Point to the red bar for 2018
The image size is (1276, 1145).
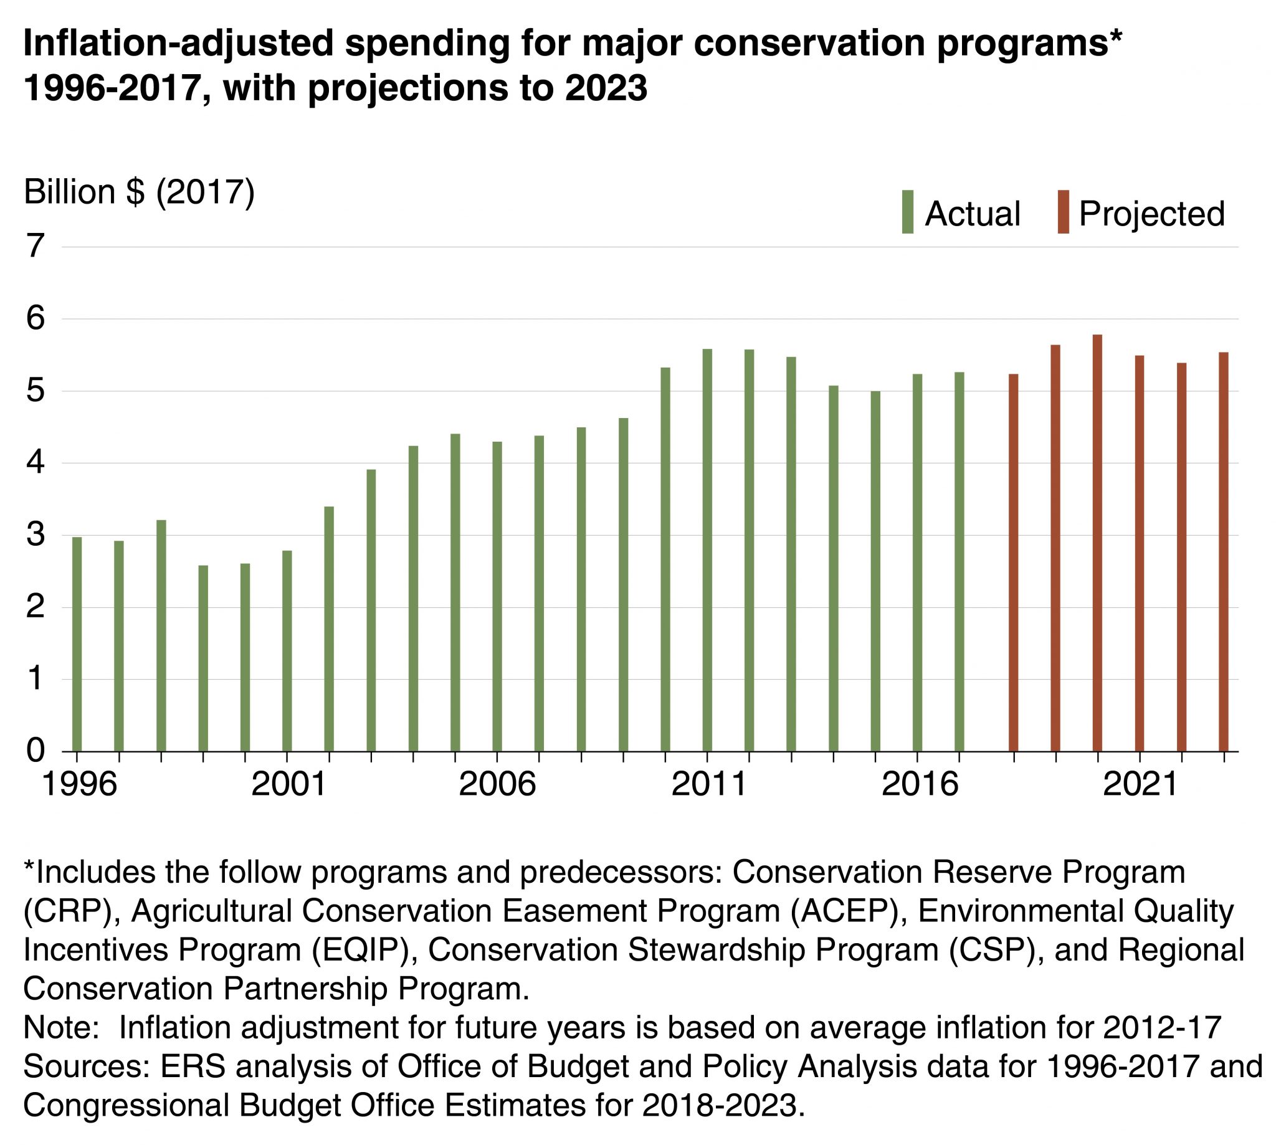(1013, 563)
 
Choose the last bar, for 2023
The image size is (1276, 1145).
(1223, 552)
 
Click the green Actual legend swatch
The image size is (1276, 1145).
(907, 212)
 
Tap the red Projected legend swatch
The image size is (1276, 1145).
(1064, 212)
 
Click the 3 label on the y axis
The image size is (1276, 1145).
(36, 535)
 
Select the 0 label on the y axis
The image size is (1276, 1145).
(36, 751)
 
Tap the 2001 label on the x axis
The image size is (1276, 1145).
(288, 784)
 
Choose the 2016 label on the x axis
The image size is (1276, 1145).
(919, 784)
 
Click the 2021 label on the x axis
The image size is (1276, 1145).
(1140, 784)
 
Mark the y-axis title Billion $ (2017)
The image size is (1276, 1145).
(139, 192)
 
